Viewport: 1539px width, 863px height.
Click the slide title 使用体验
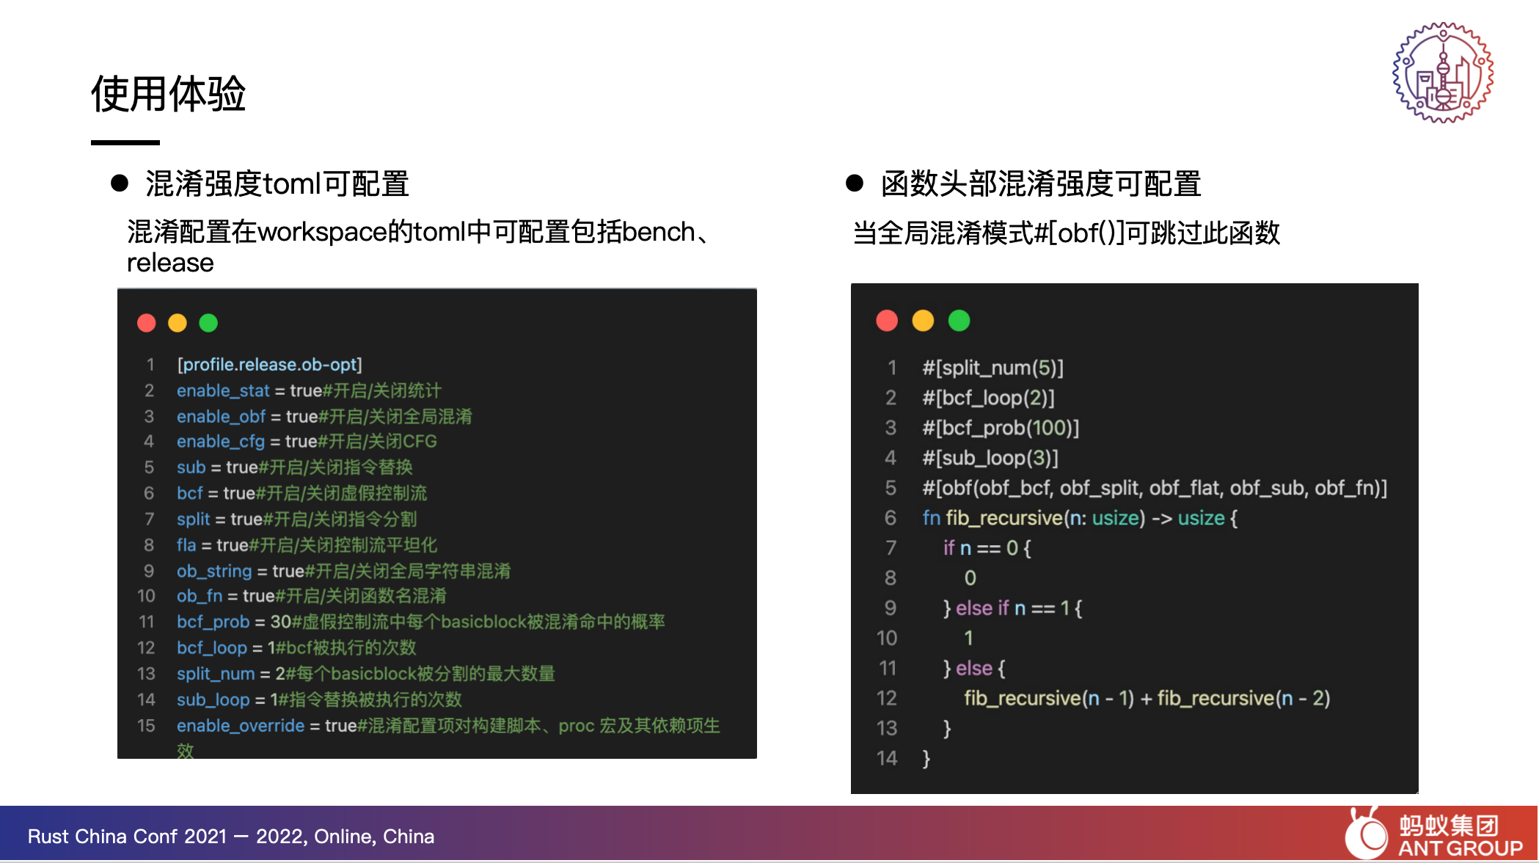[168, 94]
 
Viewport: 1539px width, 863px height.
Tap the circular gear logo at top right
[1443, 72]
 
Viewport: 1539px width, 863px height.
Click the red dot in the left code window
[147, 323]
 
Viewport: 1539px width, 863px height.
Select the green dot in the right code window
[959, 321]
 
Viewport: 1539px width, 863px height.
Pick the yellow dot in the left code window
[178, 323]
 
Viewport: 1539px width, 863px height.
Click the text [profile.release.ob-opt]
[269, 365]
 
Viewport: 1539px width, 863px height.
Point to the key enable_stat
[223, 391]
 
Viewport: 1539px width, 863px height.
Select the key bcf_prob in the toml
[213, 622]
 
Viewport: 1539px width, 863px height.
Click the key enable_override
[241, 726]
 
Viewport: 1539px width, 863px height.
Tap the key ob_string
[214, 571]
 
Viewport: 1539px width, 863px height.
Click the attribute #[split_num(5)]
[993, 368]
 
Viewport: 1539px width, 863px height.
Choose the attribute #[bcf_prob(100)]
[1001, 428]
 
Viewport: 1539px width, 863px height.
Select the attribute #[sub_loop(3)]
[990, 458]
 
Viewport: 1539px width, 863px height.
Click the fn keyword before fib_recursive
[931, 518]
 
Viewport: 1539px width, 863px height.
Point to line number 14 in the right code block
[887, 758]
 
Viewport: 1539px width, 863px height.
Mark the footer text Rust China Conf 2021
[127, 837]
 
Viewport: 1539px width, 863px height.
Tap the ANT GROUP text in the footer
[1460, 848]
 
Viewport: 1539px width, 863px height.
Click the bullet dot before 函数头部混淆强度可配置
[855, 183]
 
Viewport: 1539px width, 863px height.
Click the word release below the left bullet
[170, 263]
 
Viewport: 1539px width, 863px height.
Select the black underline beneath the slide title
[125, 142]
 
